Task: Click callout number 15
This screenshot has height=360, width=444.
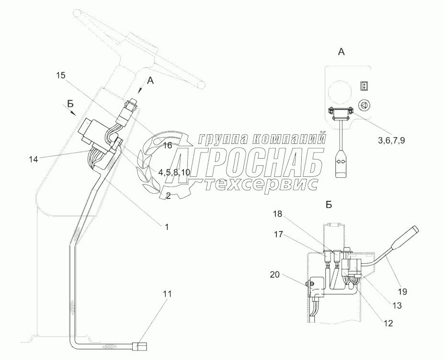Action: pyautogui.click(x=60, y=75)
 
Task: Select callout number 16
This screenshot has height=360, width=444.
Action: pyautogui.click(x=166, y=145)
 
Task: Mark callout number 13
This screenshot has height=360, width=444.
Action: pyautogui.click(x=397, y=305)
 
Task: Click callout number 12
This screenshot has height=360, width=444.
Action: pyautogui.click(x=388, y=323)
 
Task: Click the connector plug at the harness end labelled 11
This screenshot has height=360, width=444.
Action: pyautogui.click(x=139, y=345)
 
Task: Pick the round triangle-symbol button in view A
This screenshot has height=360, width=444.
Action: pyautogui.click(x=365, y=106)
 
